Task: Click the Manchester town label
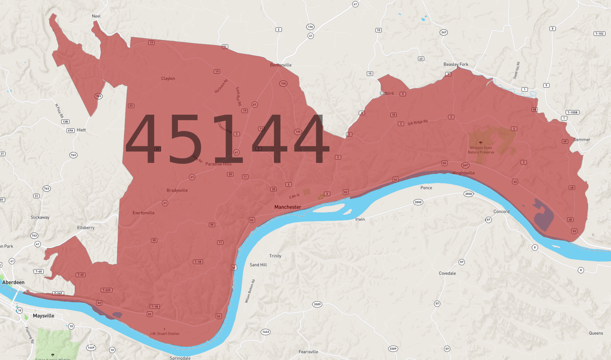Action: (x=287, y=207)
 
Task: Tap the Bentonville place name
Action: (x=281, y=65)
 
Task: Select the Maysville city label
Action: (x=43, y=316)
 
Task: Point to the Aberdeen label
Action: (x=13, y=282)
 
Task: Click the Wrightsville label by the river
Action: (x=463, y=173)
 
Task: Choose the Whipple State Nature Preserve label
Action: (x=481, y=150)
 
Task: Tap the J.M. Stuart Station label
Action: (x=164, y=334)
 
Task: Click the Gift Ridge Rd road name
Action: (x=417, y=122)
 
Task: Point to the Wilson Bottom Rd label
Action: (x=250, y=291)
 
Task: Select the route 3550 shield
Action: (x=468, y=194)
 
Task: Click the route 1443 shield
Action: (x=266, y=332)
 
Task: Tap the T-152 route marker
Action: (x=599, y=34)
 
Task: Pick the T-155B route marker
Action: (x=572, y=112)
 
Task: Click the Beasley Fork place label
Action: (x=456, y=64)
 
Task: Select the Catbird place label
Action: (x=386, y=93)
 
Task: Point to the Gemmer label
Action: (x=582, y=139)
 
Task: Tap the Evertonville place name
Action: (x=143, y=213)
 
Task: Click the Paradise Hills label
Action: (x=218, y=164)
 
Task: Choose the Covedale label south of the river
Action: (x=447, y=273)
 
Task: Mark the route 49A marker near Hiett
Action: (x=70, y=130)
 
